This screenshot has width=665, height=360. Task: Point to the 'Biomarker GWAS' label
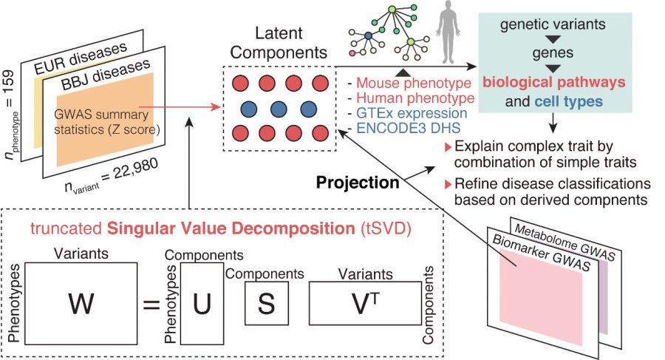(543, 245)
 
